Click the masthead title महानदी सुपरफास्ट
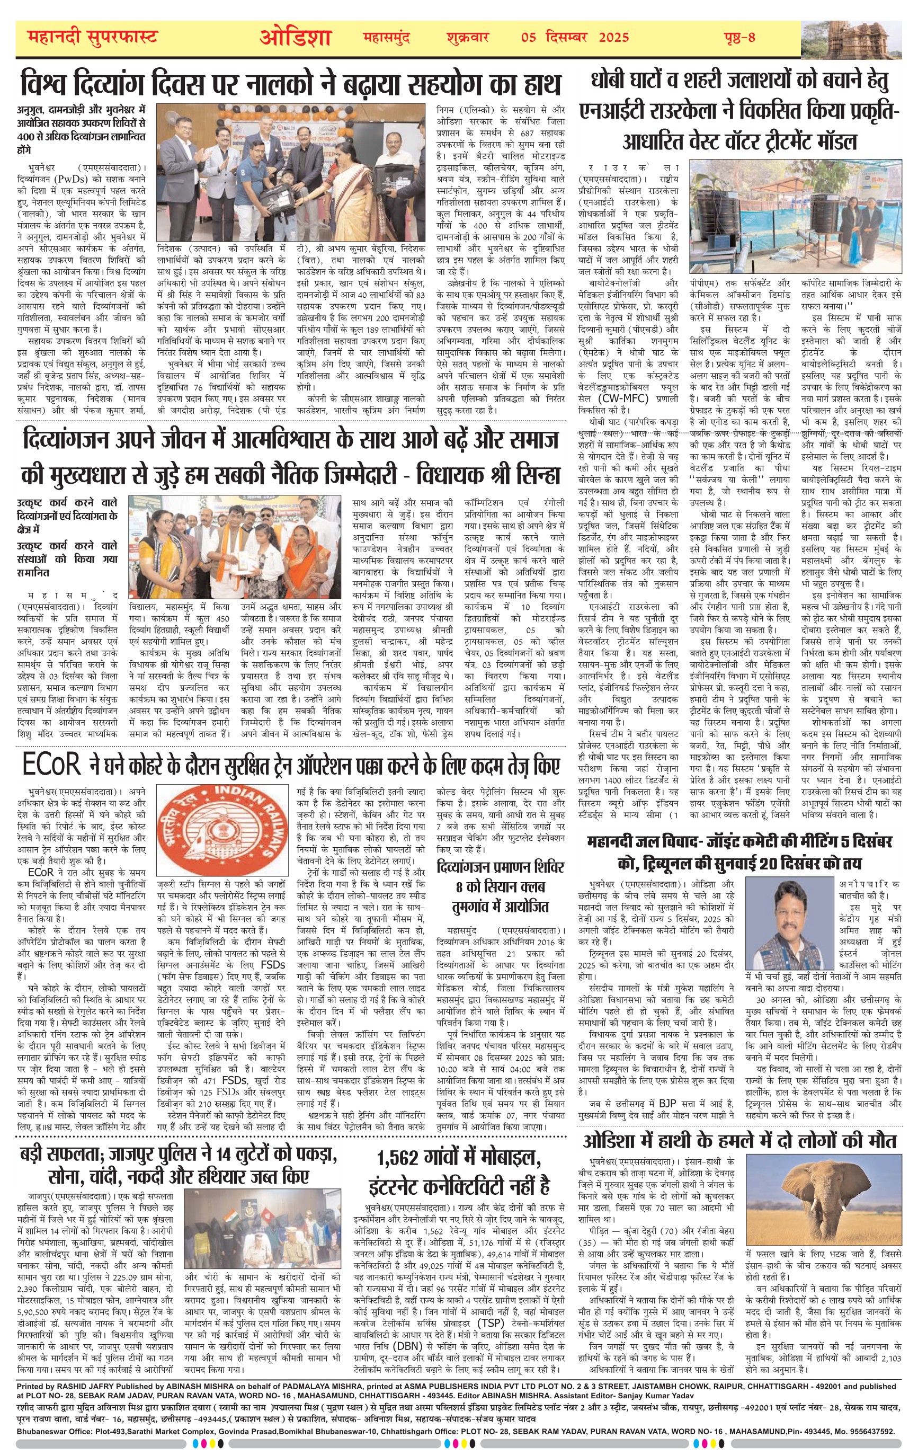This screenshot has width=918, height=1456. [x=93, y=38]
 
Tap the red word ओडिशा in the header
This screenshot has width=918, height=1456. [x=296, y=38]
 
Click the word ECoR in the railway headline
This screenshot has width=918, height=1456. [x=51, y=766]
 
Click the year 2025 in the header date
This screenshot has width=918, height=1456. [x=614, y=38]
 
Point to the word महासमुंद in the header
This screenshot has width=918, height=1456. [x=386, y=38]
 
